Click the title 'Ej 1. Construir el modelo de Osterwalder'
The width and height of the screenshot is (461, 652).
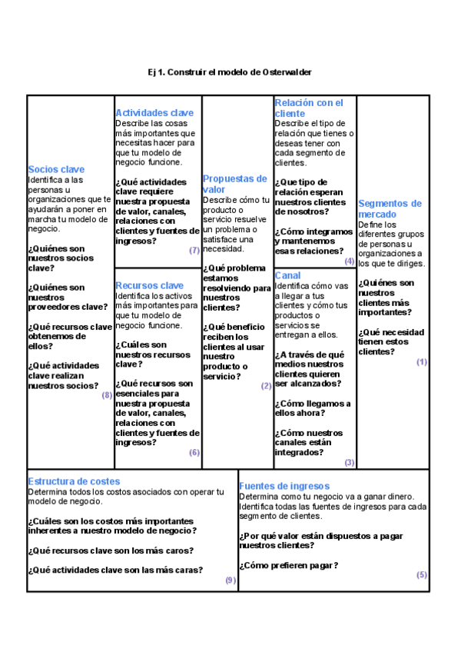point(230,72)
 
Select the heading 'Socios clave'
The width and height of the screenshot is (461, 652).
point(56,169)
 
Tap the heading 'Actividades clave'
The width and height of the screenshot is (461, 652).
point(154,113)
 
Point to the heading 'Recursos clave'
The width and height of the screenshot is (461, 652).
point(150,285)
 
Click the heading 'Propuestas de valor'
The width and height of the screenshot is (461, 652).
point(234,184)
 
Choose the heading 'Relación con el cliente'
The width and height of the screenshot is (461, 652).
point(309,108)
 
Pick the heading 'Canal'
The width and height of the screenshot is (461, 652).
point(287,275)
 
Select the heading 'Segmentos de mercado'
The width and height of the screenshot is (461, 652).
point(390,208)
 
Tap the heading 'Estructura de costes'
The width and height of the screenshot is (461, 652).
point(74,481)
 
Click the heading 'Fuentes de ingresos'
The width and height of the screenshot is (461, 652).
point(284,486)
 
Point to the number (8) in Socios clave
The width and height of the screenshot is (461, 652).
point(107,395)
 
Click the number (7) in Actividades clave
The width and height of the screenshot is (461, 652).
point(194,251)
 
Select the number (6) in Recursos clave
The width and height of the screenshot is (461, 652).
point(194,453)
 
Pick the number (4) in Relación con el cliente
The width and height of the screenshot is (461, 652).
point(350,261)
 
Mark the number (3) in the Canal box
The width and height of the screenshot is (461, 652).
point(350,463)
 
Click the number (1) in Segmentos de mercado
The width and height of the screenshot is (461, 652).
point(422,361)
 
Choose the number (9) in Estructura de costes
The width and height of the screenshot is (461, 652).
point(230,580)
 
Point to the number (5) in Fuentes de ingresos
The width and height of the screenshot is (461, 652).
point(422,575)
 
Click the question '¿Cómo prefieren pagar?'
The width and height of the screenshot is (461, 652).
point(288,565)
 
